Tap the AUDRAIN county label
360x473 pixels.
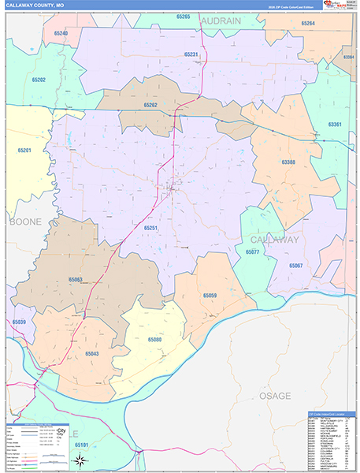220,23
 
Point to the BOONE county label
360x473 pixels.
24,222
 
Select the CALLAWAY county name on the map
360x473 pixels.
274,239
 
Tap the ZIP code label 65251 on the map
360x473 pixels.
151,228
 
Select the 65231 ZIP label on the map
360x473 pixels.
191,54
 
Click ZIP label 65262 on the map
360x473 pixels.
151,105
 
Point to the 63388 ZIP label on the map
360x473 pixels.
288,163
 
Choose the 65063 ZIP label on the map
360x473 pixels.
76,279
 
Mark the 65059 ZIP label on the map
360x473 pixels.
210,295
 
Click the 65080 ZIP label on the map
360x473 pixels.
154,340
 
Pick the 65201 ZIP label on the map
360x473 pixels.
24,150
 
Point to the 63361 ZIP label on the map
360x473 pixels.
335,125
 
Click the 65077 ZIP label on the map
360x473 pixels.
252,252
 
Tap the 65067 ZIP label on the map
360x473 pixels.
295,266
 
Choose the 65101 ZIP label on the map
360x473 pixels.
81,445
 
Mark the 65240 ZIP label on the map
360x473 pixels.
61,33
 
